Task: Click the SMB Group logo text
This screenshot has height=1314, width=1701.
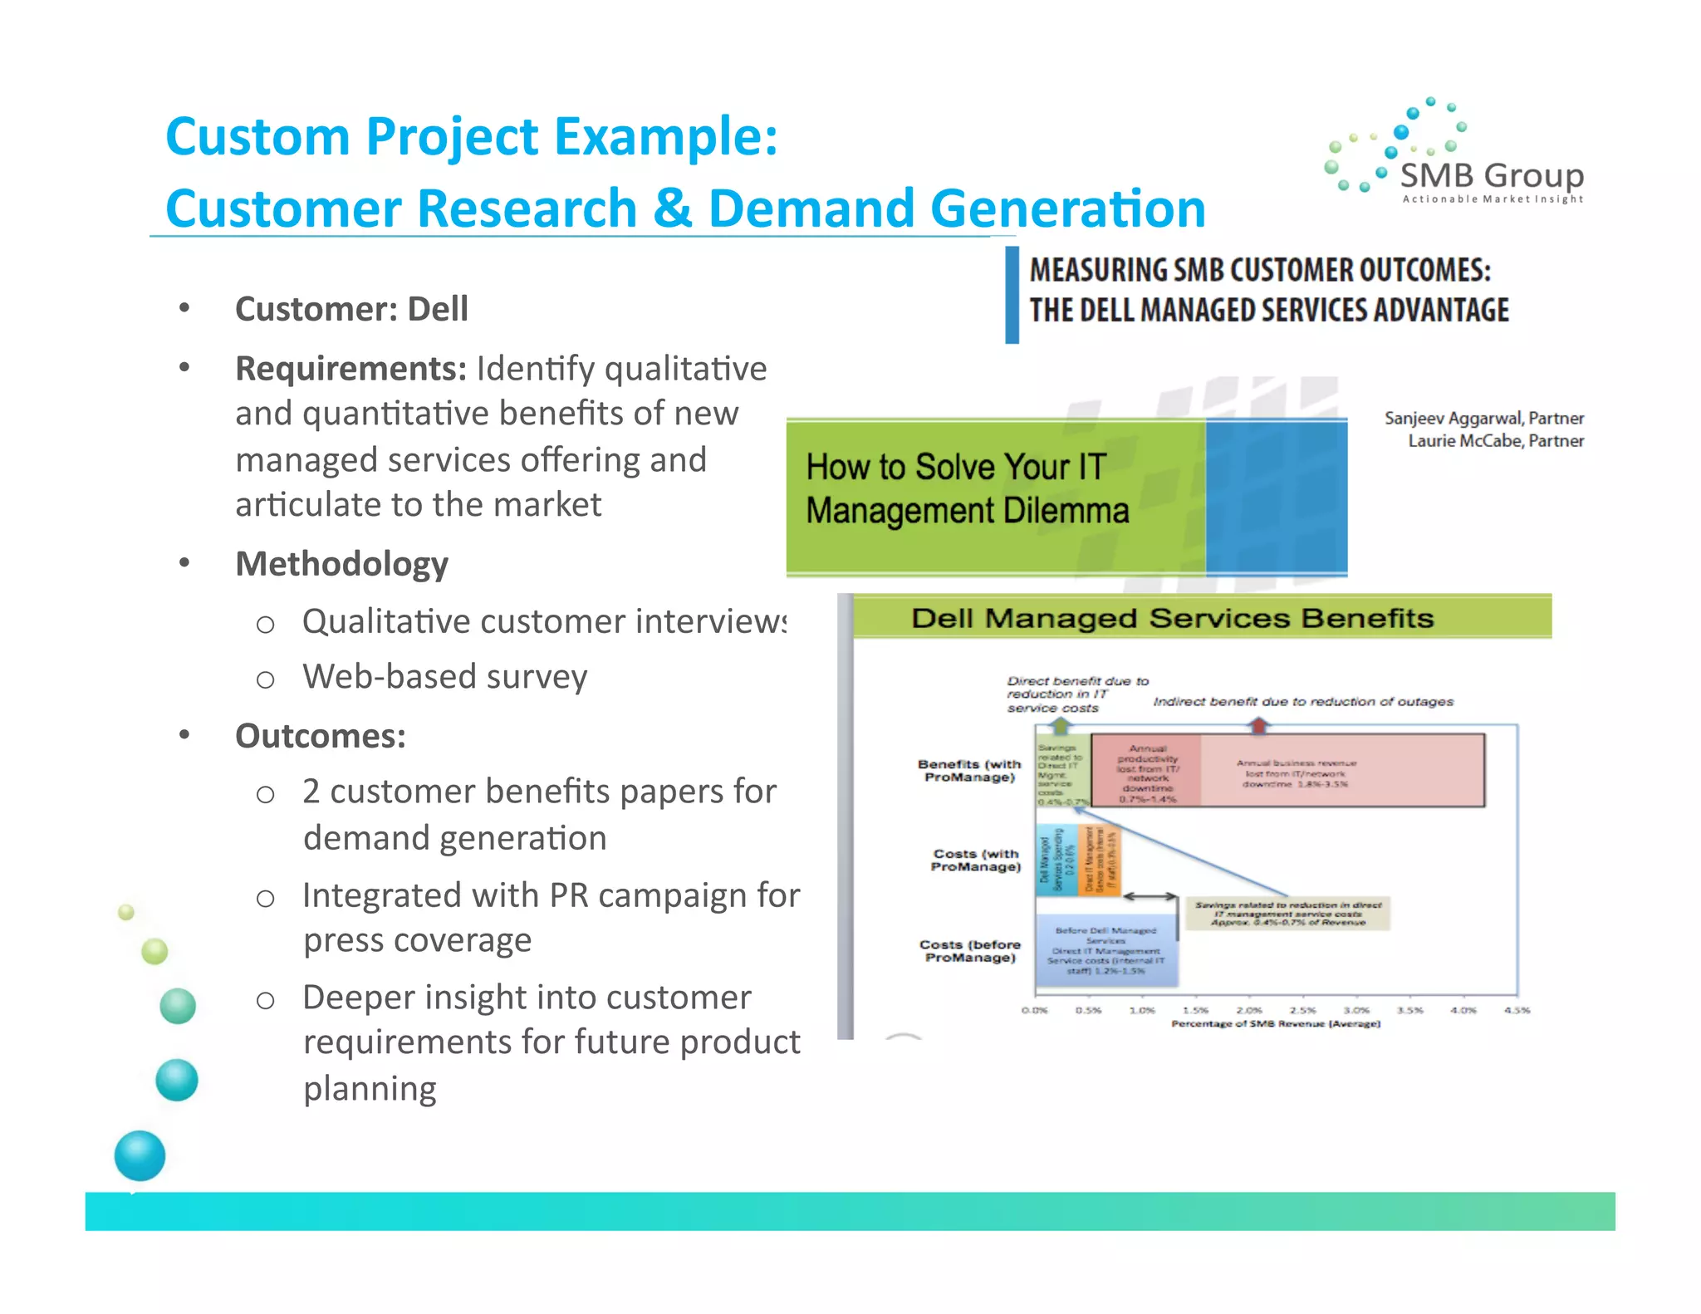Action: [x=1492, y=176]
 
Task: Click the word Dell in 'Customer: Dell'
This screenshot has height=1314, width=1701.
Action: [x=437, y=309]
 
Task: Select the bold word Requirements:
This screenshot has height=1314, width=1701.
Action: [x=350, y=369]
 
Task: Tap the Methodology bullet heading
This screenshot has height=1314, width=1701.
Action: [x=341, y=564]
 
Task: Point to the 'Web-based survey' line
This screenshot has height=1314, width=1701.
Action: [x=444, y=676]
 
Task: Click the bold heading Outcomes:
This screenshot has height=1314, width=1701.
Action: [x=321, y=736]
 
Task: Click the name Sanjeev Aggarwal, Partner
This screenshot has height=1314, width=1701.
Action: [x=1483, y=418]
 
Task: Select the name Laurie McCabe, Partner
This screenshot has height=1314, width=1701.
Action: [x=1495, y=440]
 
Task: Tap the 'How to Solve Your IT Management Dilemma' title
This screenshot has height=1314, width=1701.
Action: [x=967, y=489]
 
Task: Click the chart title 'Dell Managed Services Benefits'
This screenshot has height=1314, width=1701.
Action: [x=1172, y=618]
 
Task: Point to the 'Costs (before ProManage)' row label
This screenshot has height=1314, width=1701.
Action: [x=969, y=951]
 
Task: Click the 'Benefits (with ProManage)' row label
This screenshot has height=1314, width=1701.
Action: [x=969, y=770]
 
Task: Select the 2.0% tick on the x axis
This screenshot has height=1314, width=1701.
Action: [x=1248, y=1010]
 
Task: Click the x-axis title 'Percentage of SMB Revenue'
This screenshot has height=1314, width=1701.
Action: [x=1275, y=1024]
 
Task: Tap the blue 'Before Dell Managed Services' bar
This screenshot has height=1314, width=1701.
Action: [x=1105, y=951]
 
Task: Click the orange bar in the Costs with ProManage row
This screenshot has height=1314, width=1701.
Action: [x=1100, y=860]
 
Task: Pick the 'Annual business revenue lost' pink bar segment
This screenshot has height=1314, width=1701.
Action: [x=1341, y=771]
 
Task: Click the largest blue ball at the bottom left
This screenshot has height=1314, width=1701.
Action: [x=140, y=1155]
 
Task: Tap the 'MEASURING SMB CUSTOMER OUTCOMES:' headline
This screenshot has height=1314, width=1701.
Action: [x=1259, y=271]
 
